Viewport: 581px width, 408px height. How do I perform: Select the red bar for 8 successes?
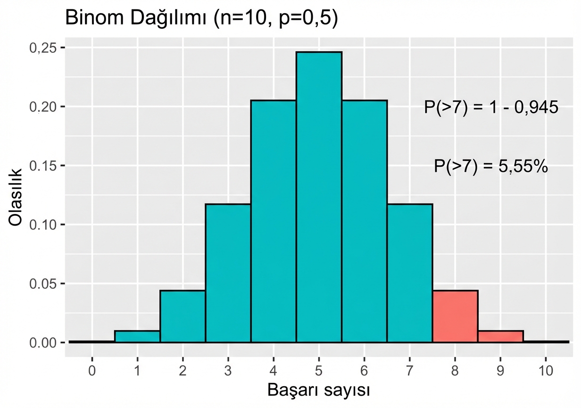(x=455, y=316)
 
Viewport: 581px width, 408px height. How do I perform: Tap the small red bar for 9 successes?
(x=500, y=336)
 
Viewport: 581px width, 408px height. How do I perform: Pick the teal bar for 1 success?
(x=137, y=336)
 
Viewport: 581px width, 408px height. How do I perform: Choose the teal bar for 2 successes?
(x=183, y=316)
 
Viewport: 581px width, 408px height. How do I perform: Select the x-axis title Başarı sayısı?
(x=318, y=390)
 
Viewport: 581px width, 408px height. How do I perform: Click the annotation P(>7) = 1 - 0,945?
(x=491, y=108)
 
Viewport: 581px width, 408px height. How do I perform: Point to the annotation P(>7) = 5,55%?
(x=491, y=166)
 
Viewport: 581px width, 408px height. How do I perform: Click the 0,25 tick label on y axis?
(x=43, y=48)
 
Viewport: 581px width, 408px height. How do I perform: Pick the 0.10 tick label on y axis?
(x=43, y=224)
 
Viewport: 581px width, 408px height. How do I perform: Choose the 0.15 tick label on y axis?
(x=43, y=166)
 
